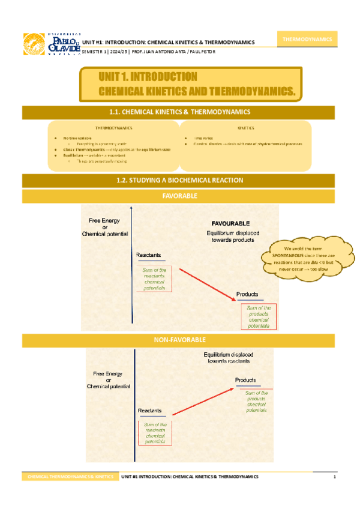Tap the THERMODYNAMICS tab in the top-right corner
pyautogui.click(x=308, y=39)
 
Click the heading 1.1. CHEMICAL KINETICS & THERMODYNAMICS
pyautogui.click(x=180, y=112)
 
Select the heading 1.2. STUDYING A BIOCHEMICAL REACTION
pyautogui.click(x=180, y=180)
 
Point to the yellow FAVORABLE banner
pyautogui.click(x=180, y=196)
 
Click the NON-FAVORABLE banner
pyautogui.click(x=180, y=340)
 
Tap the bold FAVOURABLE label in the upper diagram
pyautogui.click(x=230, y=223)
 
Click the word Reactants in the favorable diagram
pyautogui.click(x=148, y=255)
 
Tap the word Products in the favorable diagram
pyautogui.click(x=247, y=294)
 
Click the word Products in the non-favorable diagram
pyautogui.click(x=245, y=381)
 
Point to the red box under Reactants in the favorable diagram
pyautogui.click(x=154, y=279)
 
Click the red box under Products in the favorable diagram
pyautogui.click(x=259, y=316)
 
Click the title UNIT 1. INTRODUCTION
pyautogui.click(x=148, y=77)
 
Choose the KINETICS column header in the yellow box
pyautogui.click(x=245, y=128)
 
